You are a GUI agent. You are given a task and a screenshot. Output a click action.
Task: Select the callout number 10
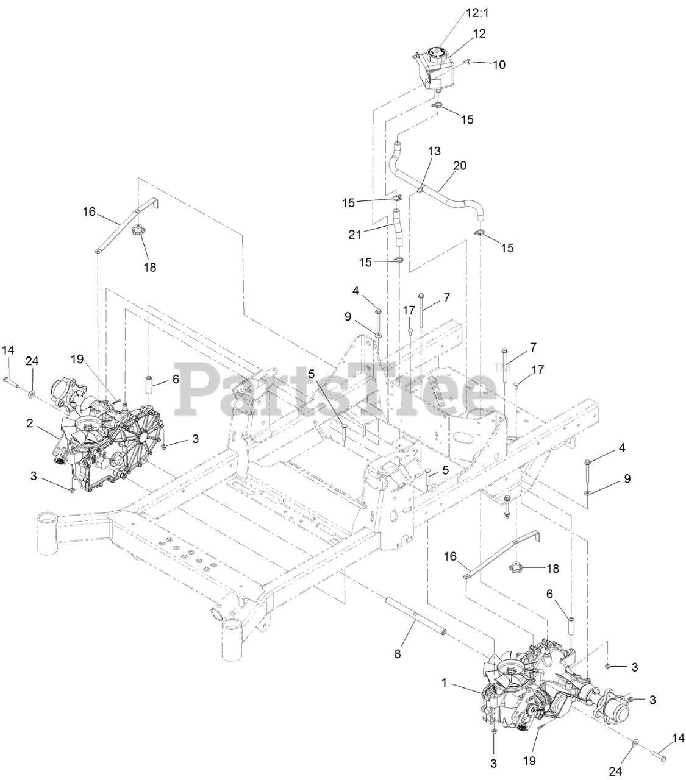tap(499, 65)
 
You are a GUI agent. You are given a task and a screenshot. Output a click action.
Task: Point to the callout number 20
tap(460, 166)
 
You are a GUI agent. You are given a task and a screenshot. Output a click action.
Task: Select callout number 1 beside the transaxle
tap(445, 683)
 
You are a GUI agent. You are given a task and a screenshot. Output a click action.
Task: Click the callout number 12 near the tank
tap(479, 34)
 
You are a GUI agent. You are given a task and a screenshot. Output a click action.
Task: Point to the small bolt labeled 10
tap(470, 62)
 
